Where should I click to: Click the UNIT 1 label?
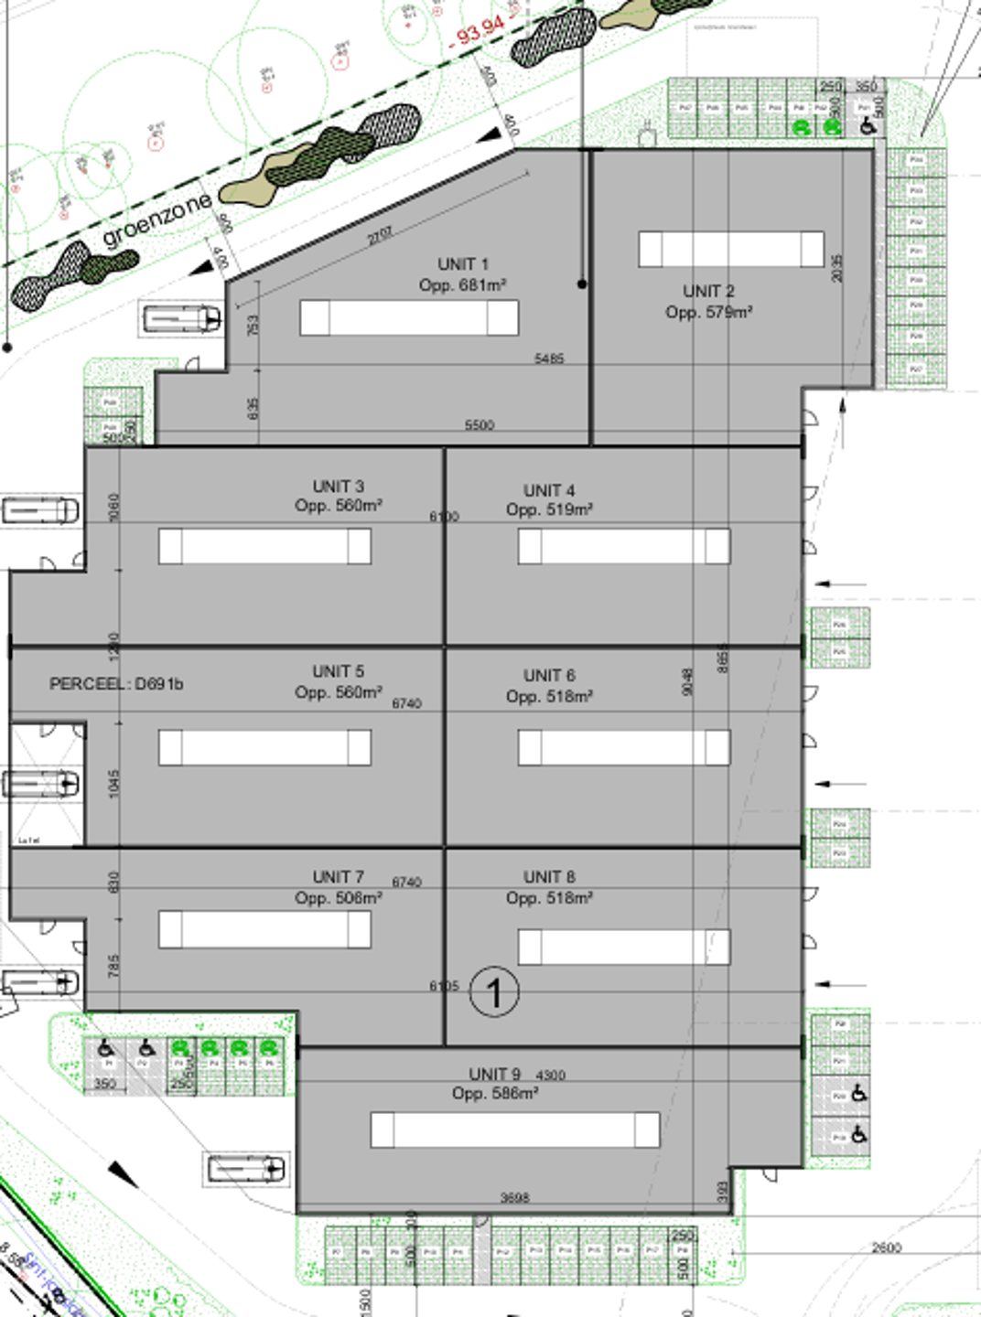pos(462,264)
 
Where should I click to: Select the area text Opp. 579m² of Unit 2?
pos(708,312)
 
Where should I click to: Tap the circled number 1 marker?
pos(494,992)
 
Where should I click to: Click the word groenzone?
pos(157,220)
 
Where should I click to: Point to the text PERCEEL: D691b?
pos(116,684)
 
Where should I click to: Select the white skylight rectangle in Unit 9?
pos(514,1130)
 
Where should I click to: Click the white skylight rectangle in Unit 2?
pos(730,249)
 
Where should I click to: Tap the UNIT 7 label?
pos(338,877)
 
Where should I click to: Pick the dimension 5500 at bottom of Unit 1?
pos(479,425)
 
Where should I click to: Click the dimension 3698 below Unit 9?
pos(514,1197)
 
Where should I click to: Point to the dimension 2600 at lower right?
pos(886,1247)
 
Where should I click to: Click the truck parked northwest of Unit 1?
pos(182,318)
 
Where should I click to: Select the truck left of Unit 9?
pos(246,1168)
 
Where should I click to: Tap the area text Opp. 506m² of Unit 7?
pos(338,898)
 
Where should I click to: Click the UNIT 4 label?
pos(549,490)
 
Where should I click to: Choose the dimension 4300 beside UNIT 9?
pos(550,1075)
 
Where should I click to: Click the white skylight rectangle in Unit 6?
pos(623,747)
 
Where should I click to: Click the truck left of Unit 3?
pos(40,509)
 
